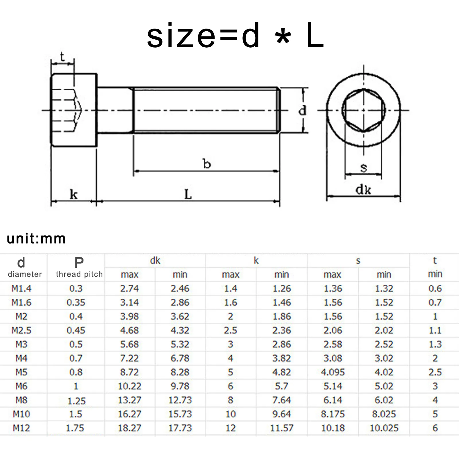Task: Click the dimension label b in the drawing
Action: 207,164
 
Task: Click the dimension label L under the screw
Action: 188,195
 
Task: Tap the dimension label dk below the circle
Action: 363,190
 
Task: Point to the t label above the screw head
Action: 62,57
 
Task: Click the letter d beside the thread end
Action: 302,110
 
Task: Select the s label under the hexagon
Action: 363,167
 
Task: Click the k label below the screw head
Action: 73,195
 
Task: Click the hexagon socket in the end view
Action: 363,110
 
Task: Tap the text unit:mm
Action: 36,239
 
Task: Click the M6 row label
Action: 22,386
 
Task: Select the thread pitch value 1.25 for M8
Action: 76,401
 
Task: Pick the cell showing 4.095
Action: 332,372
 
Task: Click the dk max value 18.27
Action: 129,428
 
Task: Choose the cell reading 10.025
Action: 384,428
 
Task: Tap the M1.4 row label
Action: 22,288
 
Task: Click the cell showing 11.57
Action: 281,428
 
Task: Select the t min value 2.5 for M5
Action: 435,372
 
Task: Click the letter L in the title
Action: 315,36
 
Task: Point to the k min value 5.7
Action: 281,386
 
